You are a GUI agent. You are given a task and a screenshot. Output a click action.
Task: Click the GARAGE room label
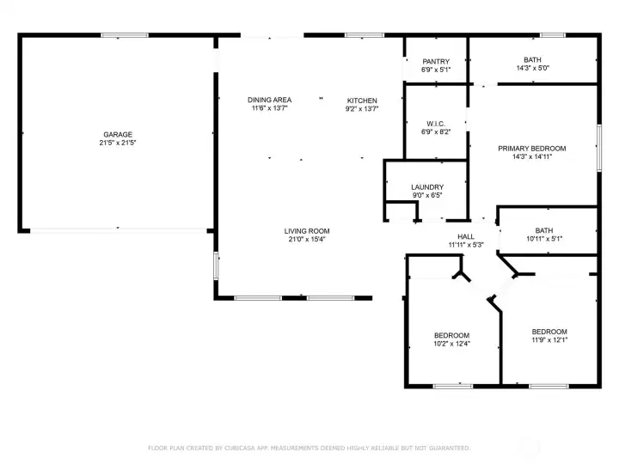coord(118,135)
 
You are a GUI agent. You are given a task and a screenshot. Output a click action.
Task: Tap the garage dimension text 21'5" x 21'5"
coord(118,143)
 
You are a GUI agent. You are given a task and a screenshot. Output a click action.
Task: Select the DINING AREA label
coord(270,100)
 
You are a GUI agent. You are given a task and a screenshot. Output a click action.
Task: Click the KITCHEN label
coord(362,101)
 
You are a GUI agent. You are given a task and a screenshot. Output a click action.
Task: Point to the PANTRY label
coord(436,62)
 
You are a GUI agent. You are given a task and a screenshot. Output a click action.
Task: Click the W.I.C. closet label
coord(436,124)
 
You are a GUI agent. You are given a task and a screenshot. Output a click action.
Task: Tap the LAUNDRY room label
coord(427,187)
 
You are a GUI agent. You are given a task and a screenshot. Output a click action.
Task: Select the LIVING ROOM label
coord(307,231)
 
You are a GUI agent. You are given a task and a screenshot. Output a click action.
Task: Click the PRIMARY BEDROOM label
coord(532,149)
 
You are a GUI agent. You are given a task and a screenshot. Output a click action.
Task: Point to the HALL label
coord(466,237)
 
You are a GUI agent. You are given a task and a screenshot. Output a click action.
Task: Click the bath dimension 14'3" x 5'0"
coord(532,68)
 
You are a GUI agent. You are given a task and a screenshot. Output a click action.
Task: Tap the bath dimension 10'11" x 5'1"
coord(544,239)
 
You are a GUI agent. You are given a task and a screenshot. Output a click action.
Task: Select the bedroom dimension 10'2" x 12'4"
coord(451,344)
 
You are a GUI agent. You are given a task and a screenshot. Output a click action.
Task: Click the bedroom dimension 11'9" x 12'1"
coord(549,339)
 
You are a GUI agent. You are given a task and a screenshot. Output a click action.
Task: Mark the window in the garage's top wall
coord(125,35)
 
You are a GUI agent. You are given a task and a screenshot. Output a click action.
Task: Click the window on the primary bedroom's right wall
coord(599,148)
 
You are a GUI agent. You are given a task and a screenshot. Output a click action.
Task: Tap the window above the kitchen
coord(365,35)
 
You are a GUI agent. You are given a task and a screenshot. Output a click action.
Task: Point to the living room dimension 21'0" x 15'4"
coord(307,239)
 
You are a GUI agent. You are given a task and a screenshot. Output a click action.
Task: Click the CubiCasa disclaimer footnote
coord(309,449)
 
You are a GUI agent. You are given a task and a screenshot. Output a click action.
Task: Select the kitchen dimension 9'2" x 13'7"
coord(362,109)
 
